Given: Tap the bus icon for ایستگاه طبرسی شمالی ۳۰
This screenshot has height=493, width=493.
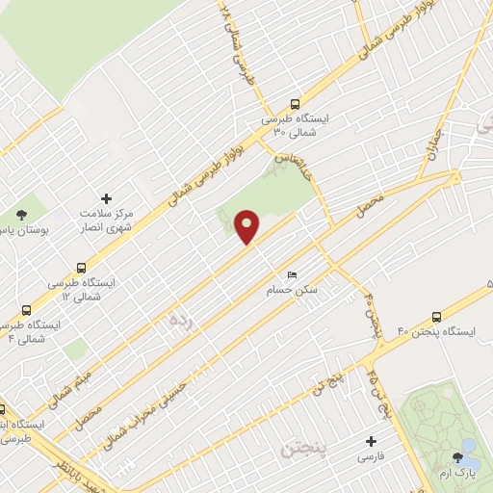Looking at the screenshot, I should [295, 105].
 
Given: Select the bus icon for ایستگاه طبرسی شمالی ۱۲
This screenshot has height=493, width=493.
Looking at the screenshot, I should [81, 269].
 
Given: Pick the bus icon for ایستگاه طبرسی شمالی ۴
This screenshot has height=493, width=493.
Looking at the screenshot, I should [25, 311].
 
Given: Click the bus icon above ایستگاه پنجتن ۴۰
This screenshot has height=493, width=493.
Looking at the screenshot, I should [436, 316].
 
